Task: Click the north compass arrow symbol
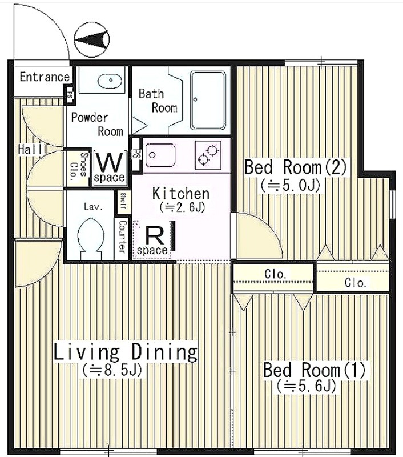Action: [91, 40]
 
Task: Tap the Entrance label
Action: [45, 77]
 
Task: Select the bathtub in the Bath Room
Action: [208, 101]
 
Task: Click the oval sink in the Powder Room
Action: [110, 79]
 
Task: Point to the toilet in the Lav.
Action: [91, 237]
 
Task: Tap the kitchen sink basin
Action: [159, 155]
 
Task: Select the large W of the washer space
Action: [110, 162]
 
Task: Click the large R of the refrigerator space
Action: [154, 235]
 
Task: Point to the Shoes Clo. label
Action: [79, 165]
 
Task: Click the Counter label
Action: [122, 236]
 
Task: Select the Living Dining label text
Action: [126, 352]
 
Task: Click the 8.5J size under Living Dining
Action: [111, 370]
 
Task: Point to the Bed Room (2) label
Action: [295, 167]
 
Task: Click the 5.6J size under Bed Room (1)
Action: [307, 386]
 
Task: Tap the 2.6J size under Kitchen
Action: [182, 207]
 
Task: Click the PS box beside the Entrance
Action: [70, 94]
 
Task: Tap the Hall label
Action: [30, 149]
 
